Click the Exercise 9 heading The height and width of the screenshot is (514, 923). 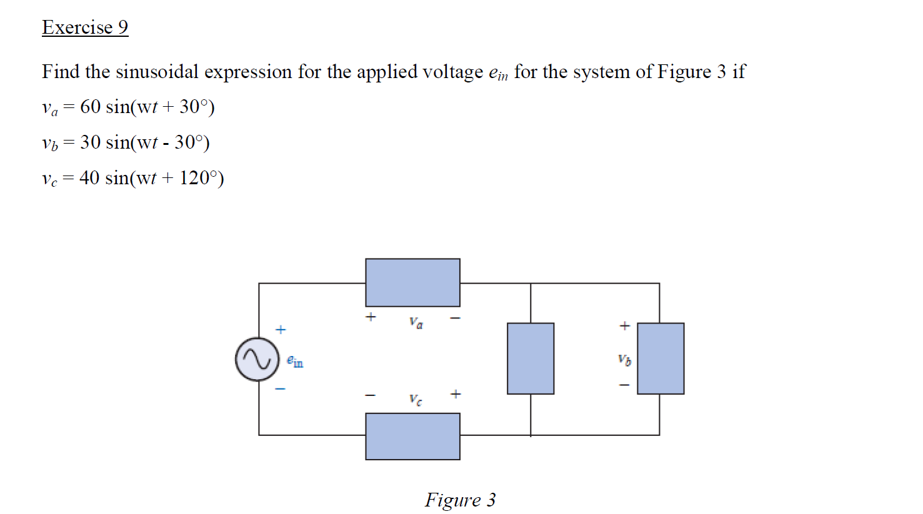pos(85,27)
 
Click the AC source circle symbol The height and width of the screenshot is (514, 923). pos(257,359)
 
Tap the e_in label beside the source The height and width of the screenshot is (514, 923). pos(295,361)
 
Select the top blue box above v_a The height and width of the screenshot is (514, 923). pos(412,282)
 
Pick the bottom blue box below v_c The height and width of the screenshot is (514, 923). pos(412,437)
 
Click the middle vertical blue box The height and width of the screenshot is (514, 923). pos(531,358)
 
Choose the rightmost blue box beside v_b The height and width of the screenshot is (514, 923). pos(661,358)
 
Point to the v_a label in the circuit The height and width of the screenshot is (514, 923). pos(416,322)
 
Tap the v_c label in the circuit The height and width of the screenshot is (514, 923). pos(416,399)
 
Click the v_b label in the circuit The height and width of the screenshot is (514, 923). pos(624,360)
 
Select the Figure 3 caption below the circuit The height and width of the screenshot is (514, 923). pos(461,500)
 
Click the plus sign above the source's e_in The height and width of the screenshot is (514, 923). pos(281,329)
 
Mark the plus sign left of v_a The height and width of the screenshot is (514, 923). pos(371,317)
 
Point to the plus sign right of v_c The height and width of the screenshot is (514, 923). pos(456,394)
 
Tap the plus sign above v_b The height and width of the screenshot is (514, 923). pos(624,325)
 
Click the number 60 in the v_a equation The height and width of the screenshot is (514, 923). pos(90,107)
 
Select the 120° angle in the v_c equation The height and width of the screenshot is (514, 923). pos(198,178)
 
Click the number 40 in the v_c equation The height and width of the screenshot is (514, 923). pos(89,178)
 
